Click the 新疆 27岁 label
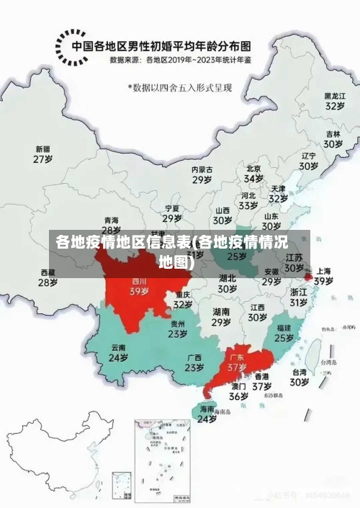(x=43, y=154)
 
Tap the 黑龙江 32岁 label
(x=333, y=100)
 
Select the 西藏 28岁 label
(x=48, y=277)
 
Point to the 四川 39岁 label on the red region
(x=139, y=287)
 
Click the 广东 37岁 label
(x=237, y=362)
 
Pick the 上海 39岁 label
(x=323, y=276)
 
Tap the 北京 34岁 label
(x=253, y=173)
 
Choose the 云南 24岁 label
(x=118, y=352)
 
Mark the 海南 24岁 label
(x=207, y=414)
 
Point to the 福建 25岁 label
(x=284, y=332)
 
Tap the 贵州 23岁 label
(x=177, y=329)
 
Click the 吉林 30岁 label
(x=333, y=138)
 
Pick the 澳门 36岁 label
(x=238, y=391)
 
